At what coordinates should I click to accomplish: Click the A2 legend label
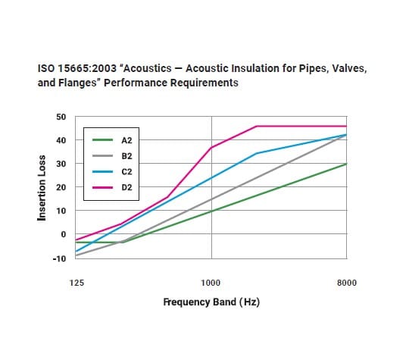click(x=126, y=140)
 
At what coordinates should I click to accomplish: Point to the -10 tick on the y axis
click(x=60, y=258)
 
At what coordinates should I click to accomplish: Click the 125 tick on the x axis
click(x=76, y=283)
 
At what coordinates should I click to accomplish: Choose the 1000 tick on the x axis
click(x=211, y=283)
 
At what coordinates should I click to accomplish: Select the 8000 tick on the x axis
click(x=346, y=283)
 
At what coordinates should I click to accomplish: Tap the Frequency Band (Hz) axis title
click(x=211, y=302)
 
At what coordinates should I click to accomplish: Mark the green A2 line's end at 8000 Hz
click(x=346, y=164)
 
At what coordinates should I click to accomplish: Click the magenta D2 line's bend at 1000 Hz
click(x=211, y=147)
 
